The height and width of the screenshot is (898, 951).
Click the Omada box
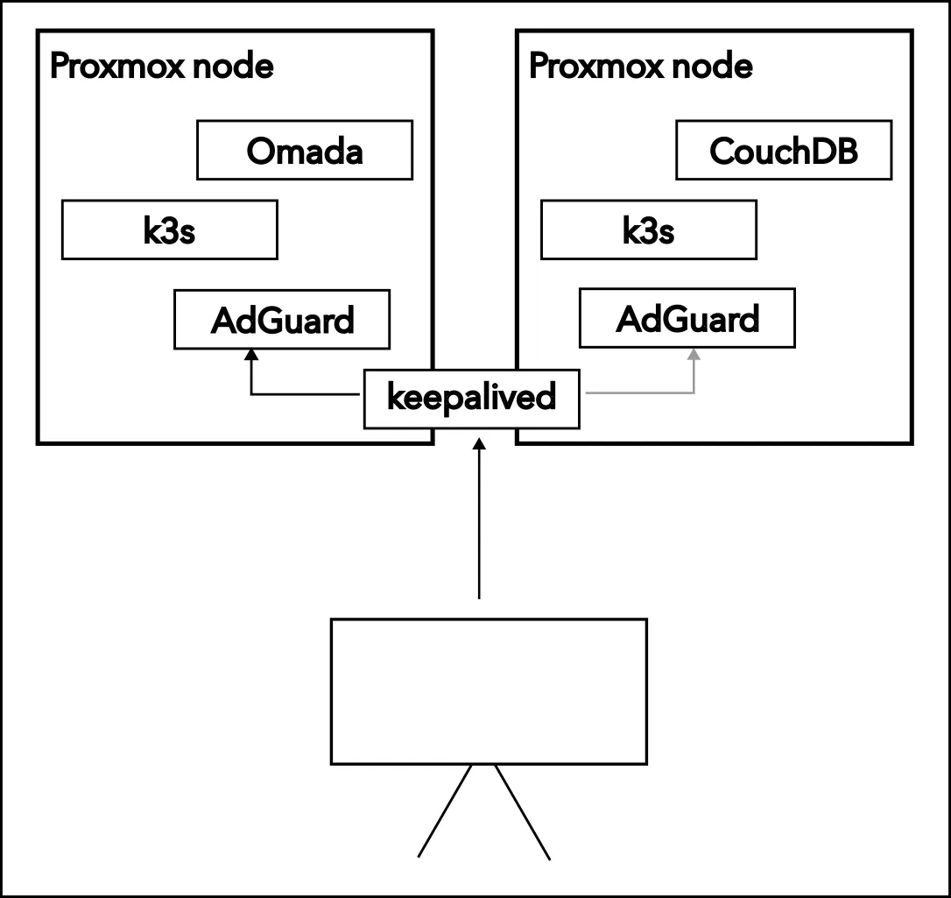(x=304, y=152)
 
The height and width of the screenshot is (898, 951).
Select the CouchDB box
(x=783, y=152)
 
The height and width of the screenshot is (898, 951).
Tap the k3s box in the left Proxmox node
(x=169, y=230)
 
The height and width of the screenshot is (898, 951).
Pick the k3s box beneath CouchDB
(x=648, y=230)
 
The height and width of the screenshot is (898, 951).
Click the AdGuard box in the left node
(x=282, y=320)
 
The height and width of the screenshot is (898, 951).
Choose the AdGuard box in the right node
(x=687, y=319)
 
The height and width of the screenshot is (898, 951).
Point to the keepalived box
(x=471, y=399)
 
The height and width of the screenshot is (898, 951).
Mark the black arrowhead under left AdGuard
(x=251, y=355)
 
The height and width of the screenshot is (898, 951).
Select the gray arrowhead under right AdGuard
(x=694, y=355)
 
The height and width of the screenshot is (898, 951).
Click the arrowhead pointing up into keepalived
(x=478, y=444)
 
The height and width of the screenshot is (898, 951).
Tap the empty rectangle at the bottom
(x=489, y=691)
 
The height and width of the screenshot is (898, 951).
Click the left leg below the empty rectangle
(x=446, y=810)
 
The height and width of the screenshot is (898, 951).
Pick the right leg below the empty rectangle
(x=523, y=810)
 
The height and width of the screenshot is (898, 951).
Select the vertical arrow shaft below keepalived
(x=478, y=526)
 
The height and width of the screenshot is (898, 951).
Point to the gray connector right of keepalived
(x=639, y=393)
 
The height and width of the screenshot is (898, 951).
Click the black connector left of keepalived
(x=306, y=394)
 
